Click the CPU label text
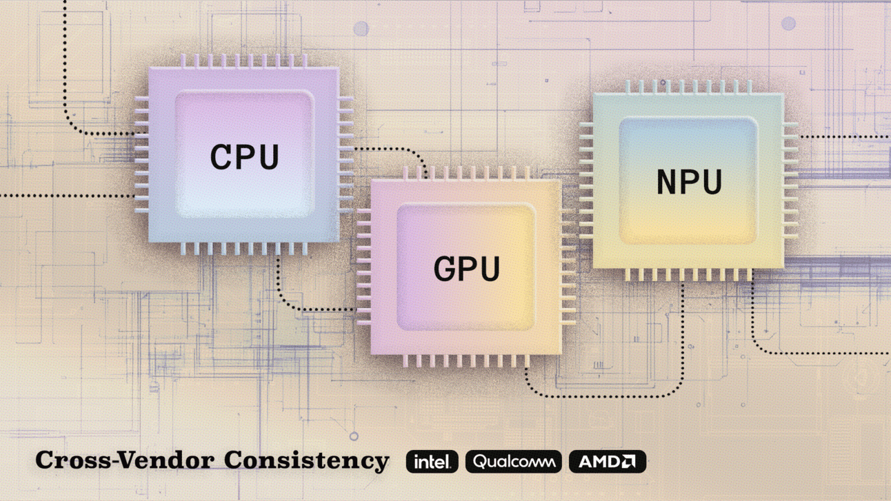click(244, 156)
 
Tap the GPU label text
click(467, 268)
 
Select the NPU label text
click(689, 182)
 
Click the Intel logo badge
click(432, 462)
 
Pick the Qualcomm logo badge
click(514, 462)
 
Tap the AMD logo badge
click(608, 462)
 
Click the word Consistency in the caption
click(306, 460)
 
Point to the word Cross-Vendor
click(125, 460)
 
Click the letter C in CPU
click(221, 156)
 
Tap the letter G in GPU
click(445, 268)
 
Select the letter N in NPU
click(667, 182)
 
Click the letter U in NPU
click(712, 182)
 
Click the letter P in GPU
click(468, 268)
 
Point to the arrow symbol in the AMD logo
click(628, 462)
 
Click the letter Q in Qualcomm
click(481, 461)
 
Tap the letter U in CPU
click(268, 157)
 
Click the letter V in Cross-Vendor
click(130, 460)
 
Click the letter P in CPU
click(246, 156)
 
